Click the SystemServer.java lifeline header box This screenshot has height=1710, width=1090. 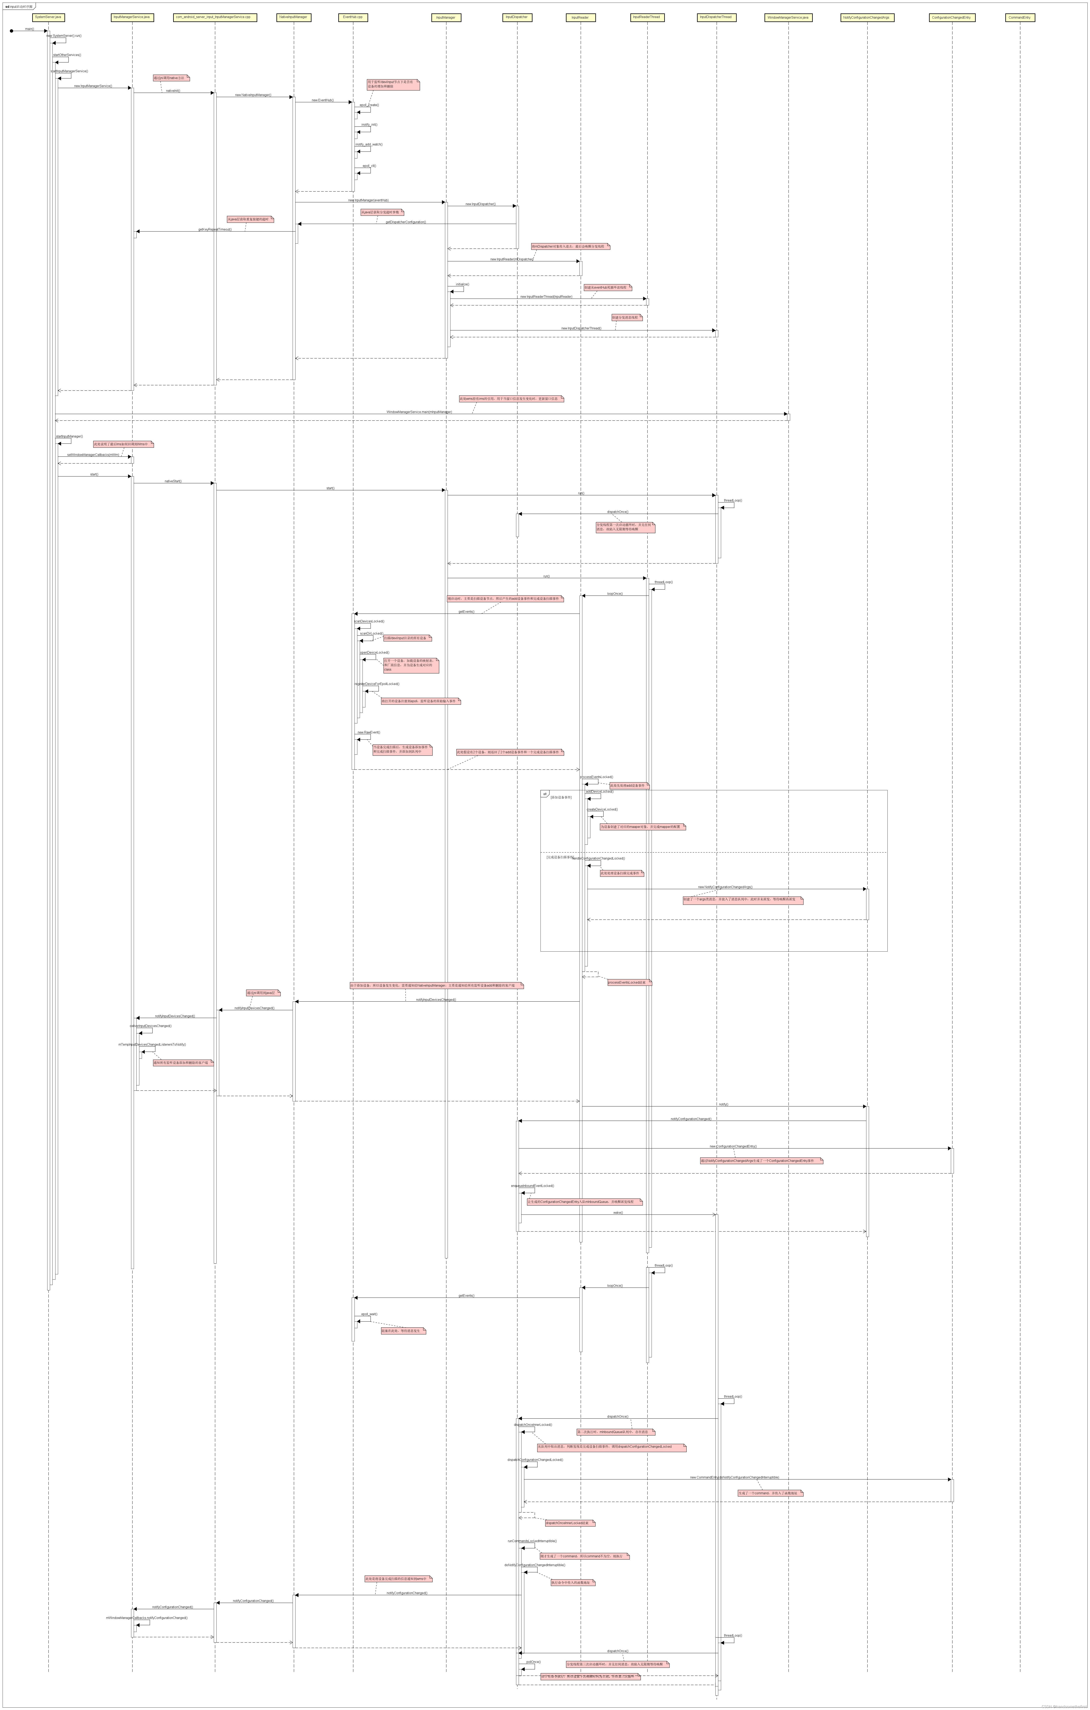48,17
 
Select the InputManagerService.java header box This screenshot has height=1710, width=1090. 132,17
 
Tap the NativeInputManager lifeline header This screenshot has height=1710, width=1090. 293,17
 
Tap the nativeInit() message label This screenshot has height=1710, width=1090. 173,91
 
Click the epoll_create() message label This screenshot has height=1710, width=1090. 369,105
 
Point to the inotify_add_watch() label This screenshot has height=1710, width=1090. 369,144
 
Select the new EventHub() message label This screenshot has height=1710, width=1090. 322,100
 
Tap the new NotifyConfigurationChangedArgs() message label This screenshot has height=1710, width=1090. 725,887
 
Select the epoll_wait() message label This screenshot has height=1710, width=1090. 369,1314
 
